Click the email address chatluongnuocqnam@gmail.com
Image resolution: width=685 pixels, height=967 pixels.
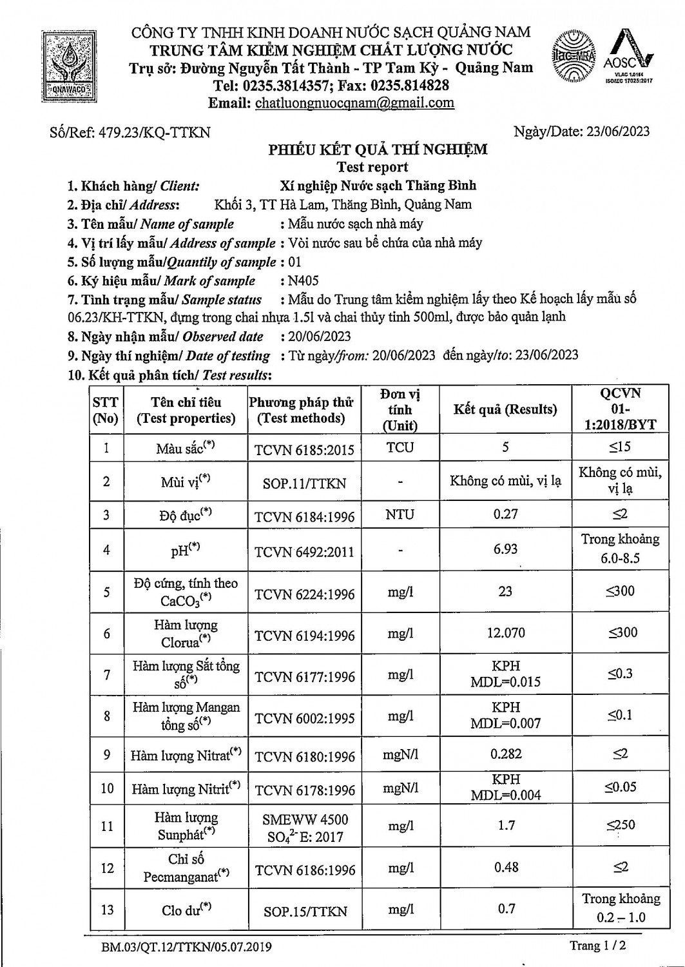[354, 103]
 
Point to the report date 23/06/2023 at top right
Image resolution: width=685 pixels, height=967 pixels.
[617, 132]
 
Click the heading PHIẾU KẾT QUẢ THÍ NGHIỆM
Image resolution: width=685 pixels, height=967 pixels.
[378, 150]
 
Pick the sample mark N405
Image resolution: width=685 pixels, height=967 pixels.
[304, 280]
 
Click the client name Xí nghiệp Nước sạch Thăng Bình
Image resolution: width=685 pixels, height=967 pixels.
[378, 186]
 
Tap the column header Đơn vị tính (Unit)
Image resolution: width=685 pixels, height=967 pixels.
[400, 409]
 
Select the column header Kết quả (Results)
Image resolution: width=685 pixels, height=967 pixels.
[505, 409]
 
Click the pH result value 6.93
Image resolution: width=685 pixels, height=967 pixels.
[505, 549]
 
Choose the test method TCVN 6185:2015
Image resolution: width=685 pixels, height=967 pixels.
[304, 449]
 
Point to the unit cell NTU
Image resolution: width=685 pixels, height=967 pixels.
[400, 514]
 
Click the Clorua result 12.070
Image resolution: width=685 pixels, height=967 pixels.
[506, 633]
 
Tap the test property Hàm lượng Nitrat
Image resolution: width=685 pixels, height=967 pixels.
[186, 755]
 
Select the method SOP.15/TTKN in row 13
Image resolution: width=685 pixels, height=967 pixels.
[305, 912]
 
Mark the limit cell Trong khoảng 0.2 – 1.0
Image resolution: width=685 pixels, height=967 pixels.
[621, 908]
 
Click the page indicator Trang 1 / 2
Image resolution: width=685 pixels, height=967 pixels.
[597, 946]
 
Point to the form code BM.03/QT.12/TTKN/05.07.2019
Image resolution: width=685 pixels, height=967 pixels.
[186, 947]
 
